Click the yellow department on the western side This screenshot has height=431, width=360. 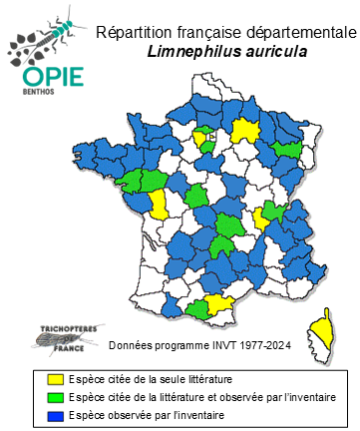158,205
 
